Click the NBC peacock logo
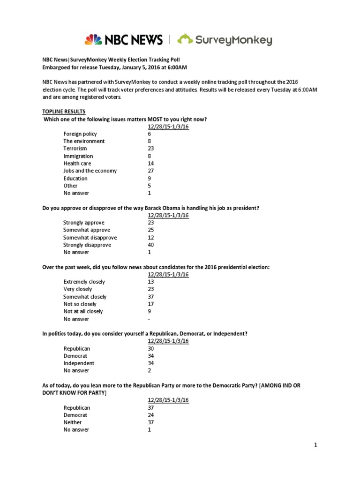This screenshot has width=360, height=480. tap(93, 39)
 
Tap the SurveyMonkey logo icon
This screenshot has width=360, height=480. tap(187, 39)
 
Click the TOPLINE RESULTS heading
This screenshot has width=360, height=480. tap(64, 112)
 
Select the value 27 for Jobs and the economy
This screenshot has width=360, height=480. tap(150, 171)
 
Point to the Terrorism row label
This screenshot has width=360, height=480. tap(75, 149)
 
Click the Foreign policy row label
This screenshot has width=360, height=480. tap(80, 134)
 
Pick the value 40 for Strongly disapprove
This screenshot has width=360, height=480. tap(150, 245)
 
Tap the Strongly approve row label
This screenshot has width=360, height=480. tap(84, 223)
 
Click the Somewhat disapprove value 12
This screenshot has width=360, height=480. tap(150, 238)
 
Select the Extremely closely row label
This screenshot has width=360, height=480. tap(84, 282)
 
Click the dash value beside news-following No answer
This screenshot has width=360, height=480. tap(149, 319)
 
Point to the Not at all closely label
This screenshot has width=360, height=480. tap(83, 311)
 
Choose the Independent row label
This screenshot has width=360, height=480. tap(79, 363)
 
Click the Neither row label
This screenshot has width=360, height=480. tap(73, 422)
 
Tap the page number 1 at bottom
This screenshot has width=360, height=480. tap(316, 446)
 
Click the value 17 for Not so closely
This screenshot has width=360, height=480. tap(150, 304)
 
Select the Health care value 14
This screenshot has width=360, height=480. tap(150, 164)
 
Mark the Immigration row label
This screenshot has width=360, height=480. tap(78, 156)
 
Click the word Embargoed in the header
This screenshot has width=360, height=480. tap(58, 67)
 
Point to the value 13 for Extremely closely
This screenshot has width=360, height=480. tap(150, 282)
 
